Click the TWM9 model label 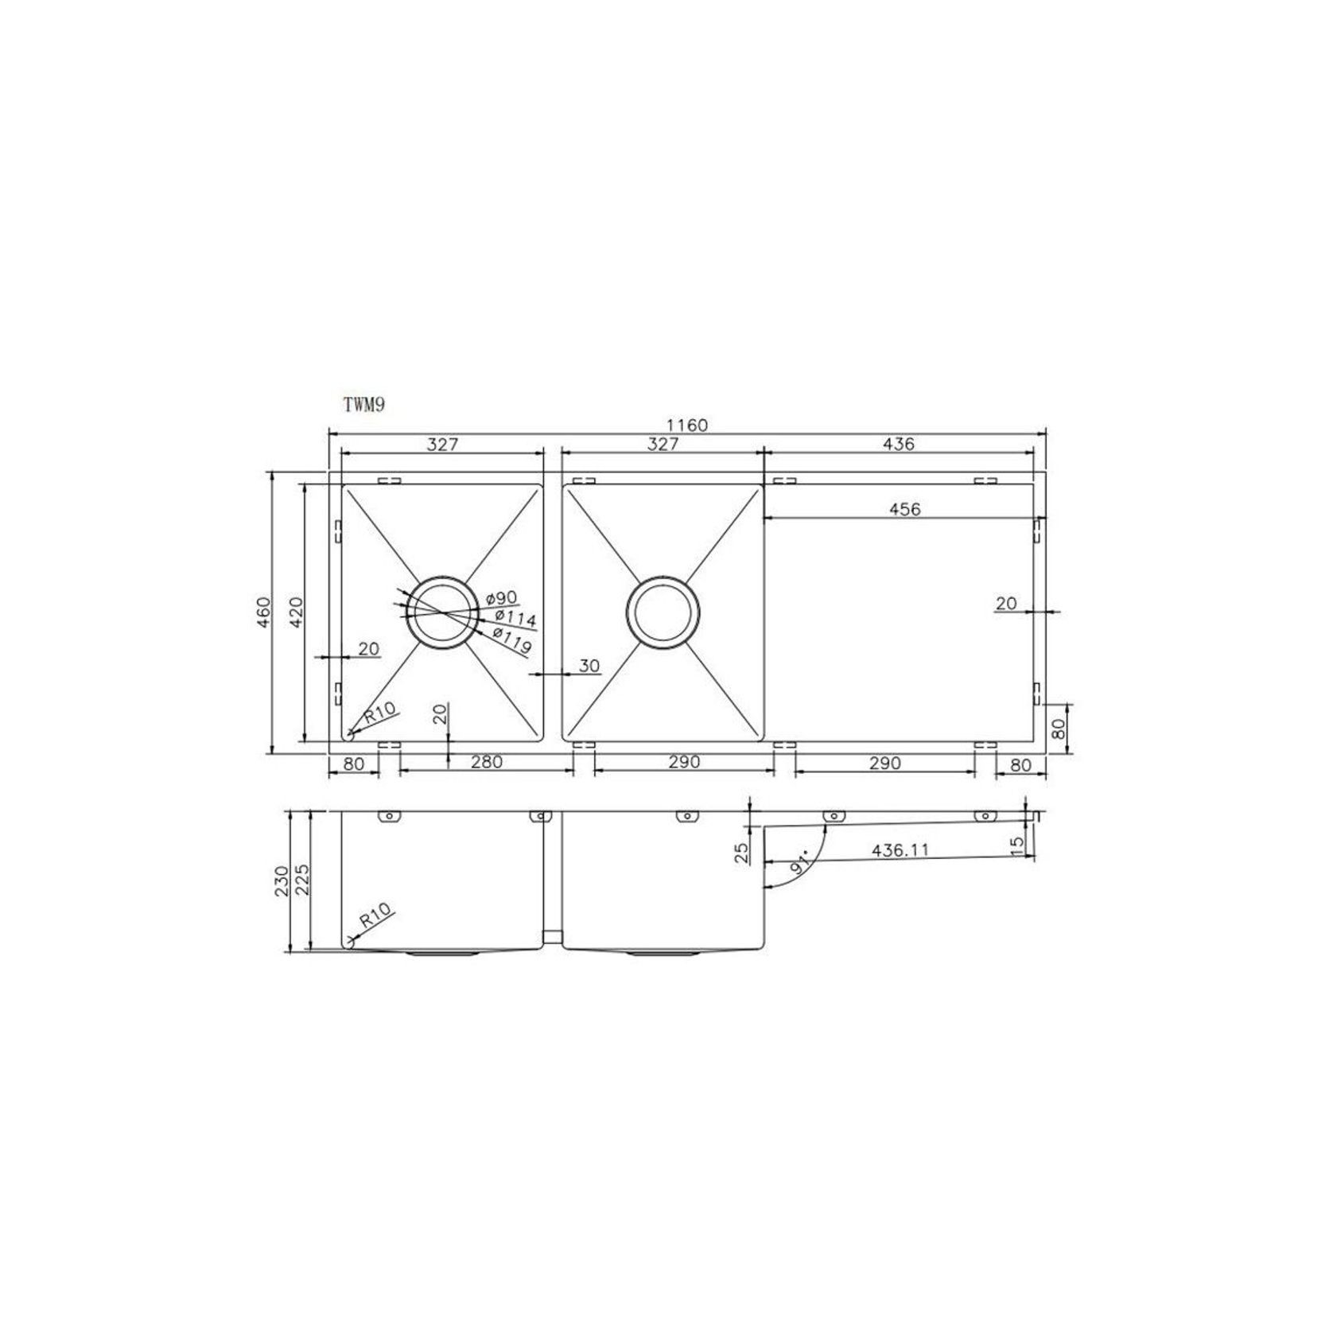coord(364,405)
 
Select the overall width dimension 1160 coord(687,425)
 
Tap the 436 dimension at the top coord(899,444)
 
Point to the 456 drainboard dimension coord(905,509)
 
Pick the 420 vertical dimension coord(296,612)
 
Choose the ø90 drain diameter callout coord(500,598)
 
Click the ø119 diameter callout coord(511,640)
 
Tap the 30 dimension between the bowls coord(589,666)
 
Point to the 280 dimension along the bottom coord(486,762)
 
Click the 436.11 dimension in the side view coord(900,850)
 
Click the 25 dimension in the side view coord(742,853)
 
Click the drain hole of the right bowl coord(663,612)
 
